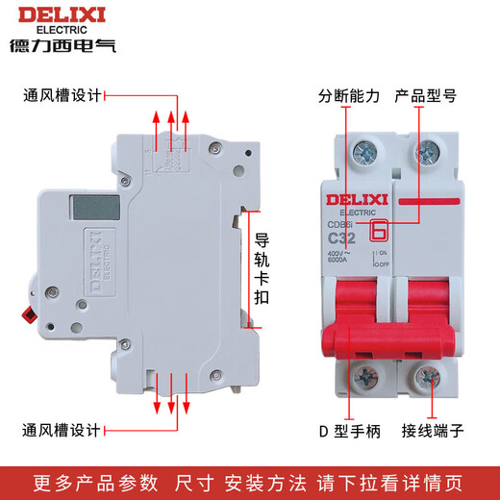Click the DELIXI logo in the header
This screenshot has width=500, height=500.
[60, 15]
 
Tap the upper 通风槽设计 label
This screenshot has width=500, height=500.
[61, 96]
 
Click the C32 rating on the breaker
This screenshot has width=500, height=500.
[343, 238]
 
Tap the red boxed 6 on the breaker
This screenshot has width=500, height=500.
[378, 231]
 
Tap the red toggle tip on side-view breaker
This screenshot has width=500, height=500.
[27, 313]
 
